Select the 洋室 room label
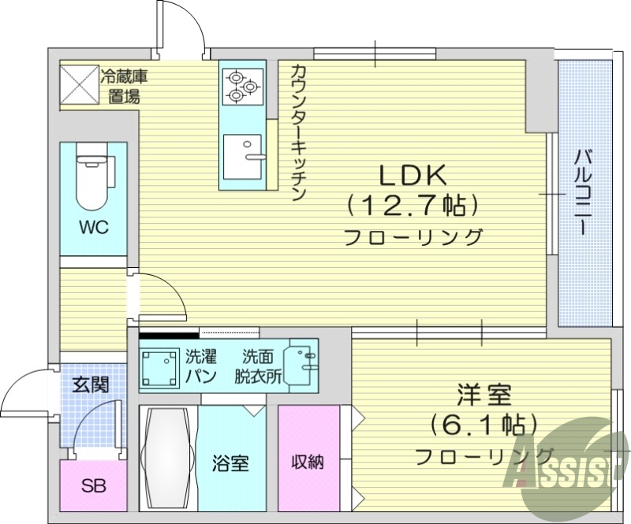click(484, 394)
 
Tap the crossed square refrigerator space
click(79, 84)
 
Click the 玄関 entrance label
click(91, 385)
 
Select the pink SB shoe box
click(93, 485)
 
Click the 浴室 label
click(230, 463)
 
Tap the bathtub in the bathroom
click(167, 457)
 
